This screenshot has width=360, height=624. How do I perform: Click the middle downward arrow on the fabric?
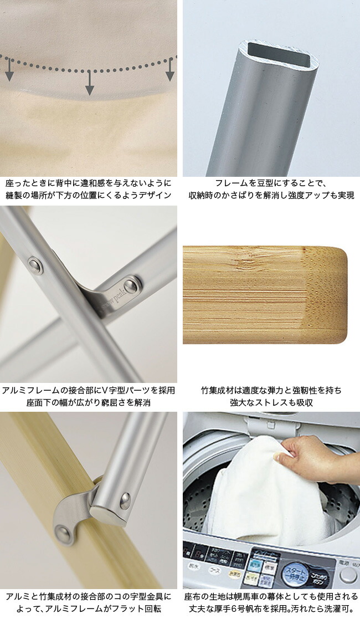tap(89, 83)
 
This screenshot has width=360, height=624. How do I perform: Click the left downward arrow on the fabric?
tap(9, 70)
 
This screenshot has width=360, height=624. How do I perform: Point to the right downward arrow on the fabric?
tap(170, 69)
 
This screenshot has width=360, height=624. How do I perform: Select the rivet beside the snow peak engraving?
tap(131, 286)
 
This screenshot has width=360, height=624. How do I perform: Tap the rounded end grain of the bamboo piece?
tap(327, 295)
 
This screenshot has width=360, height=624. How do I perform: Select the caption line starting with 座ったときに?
tap(89, 183)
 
